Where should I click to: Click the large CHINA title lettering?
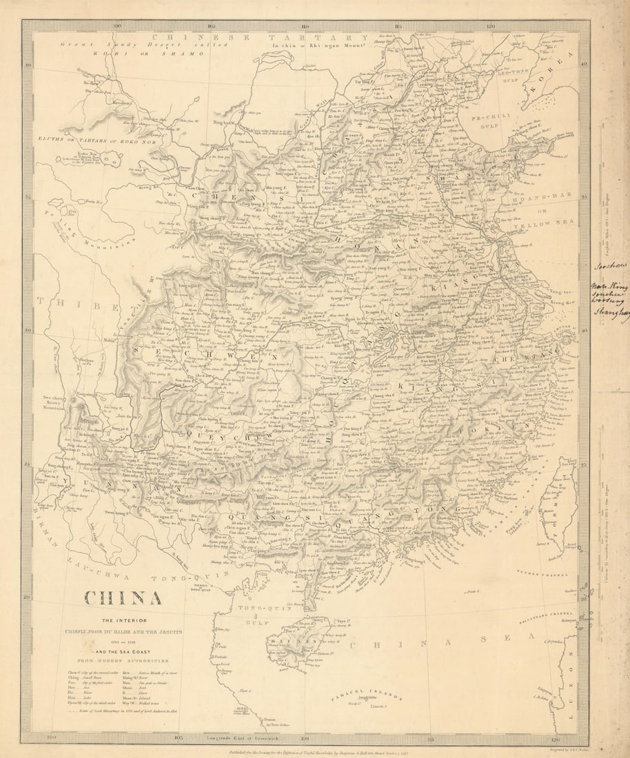coord(123,597)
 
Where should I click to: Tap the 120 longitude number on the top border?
coord(490,27)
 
